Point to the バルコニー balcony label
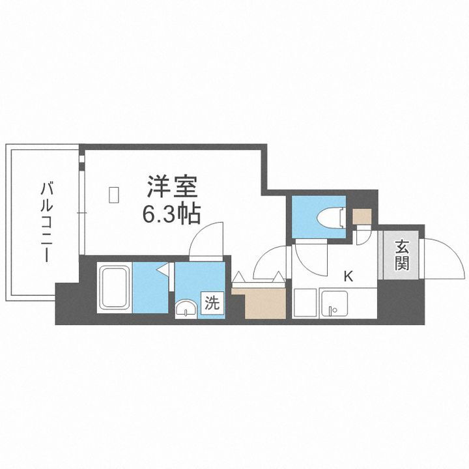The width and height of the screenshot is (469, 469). coord(47,222)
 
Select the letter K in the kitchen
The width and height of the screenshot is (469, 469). coord(348,276)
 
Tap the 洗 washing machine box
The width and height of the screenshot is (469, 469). coord(212,303)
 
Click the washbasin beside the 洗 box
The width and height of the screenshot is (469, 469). coord(187,308)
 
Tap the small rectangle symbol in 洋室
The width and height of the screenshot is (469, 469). coord(114,194)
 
